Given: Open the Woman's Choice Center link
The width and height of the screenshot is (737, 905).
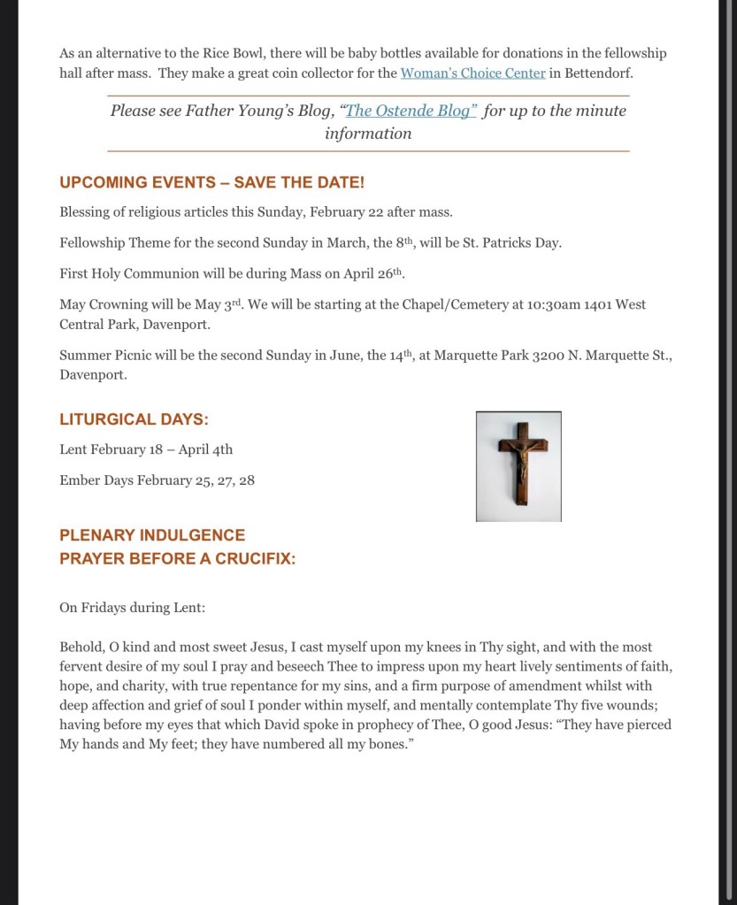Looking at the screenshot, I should pyautogui.click(x=472, y=73).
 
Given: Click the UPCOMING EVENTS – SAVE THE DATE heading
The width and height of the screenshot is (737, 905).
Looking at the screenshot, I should pyautogui.click(x=211, y=182).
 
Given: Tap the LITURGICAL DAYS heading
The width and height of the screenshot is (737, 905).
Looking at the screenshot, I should pyautogui.click(x=134, y=419).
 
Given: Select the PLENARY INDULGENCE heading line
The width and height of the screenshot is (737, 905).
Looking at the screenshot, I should pyautogui.click(x=152, y=535).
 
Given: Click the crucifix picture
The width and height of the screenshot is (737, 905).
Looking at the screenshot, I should pyautogui.click(x=518, y=466).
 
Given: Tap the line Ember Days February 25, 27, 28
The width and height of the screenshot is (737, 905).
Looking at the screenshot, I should pyautogui.click(x=157, y=480).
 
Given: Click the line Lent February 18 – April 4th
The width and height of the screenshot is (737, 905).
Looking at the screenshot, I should pyautogui.click(x=146, y=449).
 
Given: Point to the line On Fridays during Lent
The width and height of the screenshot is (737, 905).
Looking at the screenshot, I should pyautogui.click(x=132, y=608).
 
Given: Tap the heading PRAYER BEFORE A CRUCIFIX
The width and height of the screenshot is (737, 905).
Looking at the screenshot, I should pyautogui.click(x=177, y=559).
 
